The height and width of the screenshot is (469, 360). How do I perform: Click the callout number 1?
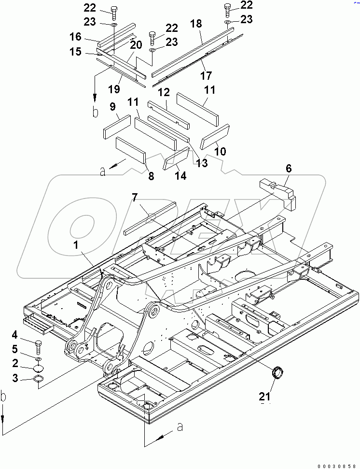tap(75, 245)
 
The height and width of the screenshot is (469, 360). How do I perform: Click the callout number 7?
tap(135, 197)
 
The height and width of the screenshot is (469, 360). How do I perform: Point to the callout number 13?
tap(202, 163)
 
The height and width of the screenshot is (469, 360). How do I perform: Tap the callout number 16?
tap(75, 37)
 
